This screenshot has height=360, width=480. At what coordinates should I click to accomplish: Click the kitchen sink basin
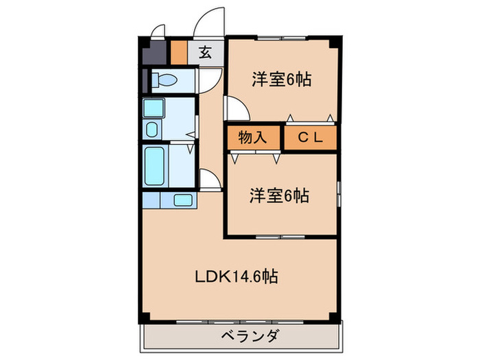pyautogui.click(x=183, y=200)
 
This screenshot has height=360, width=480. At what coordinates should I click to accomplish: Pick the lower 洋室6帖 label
pyautogui.click(x=278, y=196)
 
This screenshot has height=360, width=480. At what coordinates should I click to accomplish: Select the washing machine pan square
pyautogui.click(x=153, y=108)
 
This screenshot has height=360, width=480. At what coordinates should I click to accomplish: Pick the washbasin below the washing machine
pyautogui.click(x=152, y=129)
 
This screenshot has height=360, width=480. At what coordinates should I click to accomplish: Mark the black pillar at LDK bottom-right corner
pyautogui.click(x=335, y=317)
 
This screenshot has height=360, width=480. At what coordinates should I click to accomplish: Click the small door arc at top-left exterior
pyautogui.click(x=158, y=31)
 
